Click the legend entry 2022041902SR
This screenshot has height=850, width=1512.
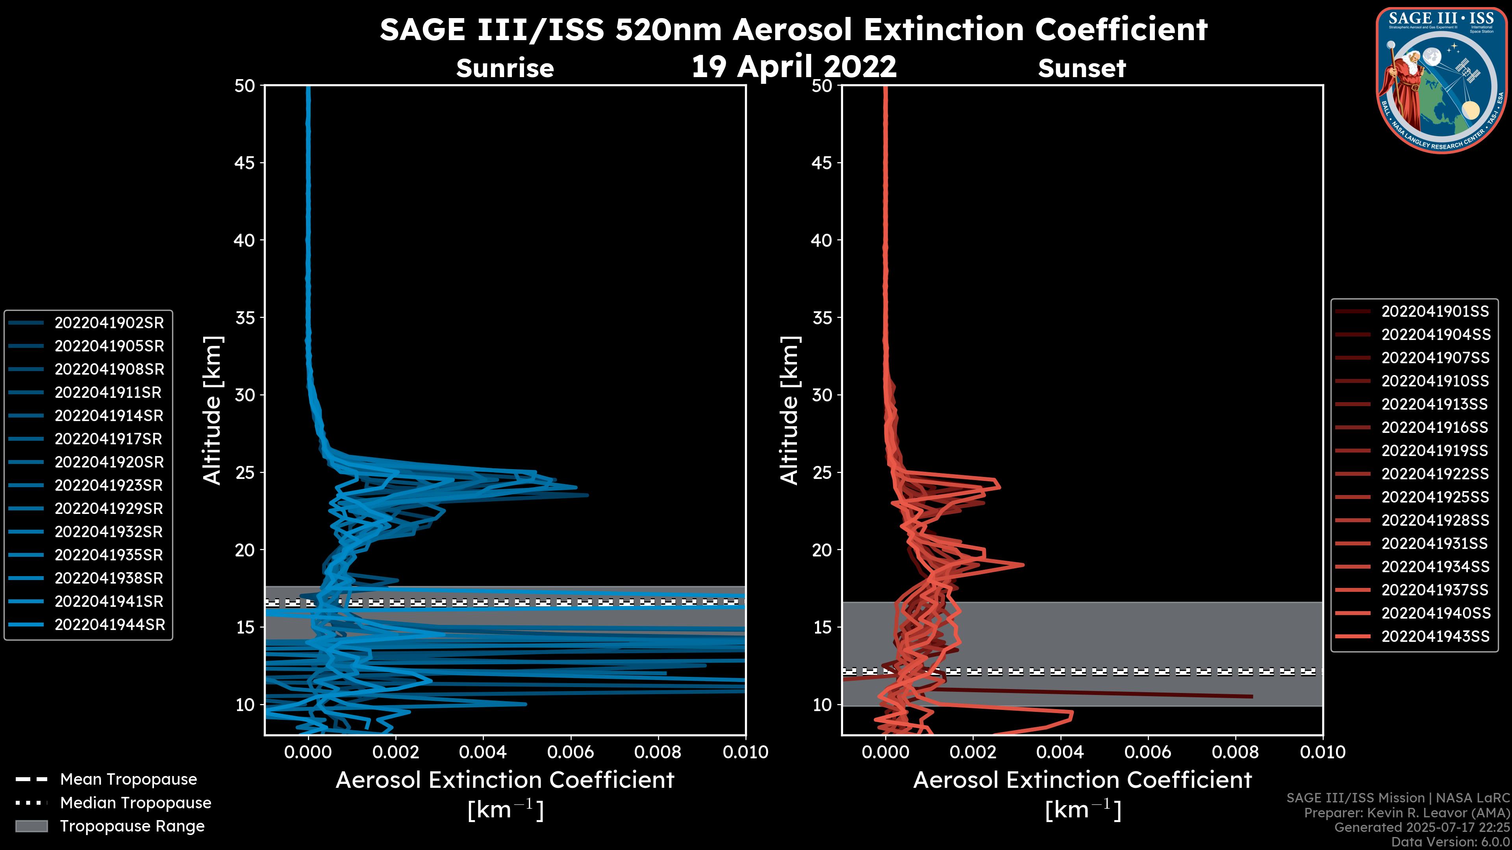109,323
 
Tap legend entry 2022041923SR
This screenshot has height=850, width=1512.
109,485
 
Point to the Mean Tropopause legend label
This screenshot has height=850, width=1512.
128,779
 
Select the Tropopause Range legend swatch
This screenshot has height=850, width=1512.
31,826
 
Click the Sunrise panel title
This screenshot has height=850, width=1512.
505,68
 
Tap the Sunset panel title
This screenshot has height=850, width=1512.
1082,68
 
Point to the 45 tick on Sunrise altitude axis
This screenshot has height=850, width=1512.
245,163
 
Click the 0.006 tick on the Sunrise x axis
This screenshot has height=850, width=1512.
571,752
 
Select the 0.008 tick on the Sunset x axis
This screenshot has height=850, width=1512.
1236,752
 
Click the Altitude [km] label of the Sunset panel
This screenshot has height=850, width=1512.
789,410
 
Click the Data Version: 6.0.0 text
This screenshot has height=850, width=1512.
1451,842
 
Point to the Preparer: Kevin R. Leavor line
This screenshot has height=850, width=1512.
1406,813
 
